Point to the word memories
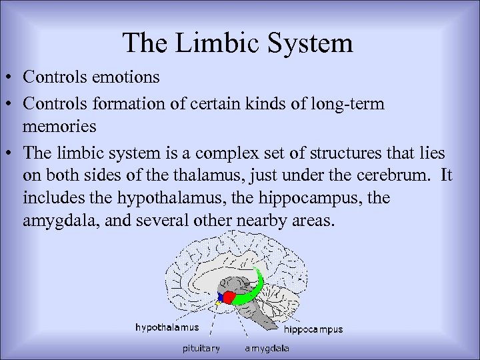(59, 125)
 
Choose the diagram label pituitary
(201, 348)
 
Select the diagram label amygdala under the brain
(267, 348)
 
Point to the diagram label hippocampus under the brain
(313, 329)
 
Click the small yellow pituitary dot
(217, 303)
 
